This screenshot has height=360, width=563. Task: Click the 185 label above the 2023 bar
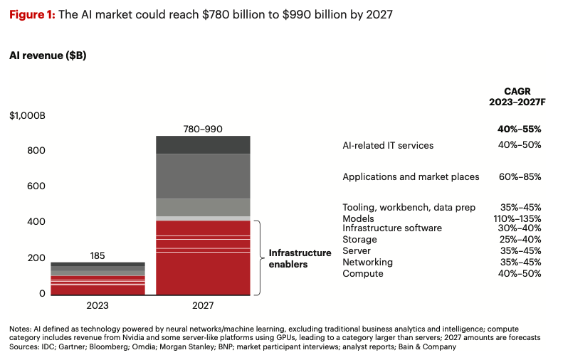(x=98, y=254)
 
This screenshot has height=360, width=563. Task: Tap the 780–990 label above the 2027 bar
(x=203, y=129)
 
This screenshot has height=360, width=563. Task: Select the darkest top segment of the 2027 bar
(x=203, y=144)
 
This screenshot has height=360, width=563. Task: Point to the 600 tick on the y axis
(x=37, y=186)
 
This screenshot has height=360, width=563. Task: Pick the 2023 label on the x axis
(x=98, y=306)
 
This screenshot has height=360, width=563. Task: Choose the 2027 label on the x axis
(x=203, y=306)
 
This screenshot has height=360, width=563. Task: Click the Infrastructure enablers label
(x=300, y=258)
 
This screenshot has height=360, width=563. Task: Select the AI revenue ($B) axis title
(x=48, y=55)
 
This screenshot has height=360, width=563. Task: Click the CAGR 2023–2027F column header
(x=515, y=97)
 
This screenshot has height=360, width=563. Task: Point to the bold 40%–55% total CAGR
(x=520, y=129)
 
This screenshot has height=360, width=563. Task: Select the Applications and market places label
(x=411, y=176)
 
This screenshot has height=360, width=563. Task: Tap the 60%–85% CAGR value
(x=520, y=176)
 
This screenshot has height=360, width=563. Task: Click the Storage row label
(x=359, y=240)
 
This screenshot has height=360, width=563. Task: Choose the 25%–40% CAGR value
(x=520, y=240)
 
